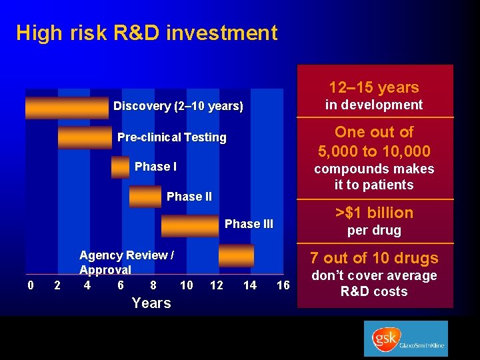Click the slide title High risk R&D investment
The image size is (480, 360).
[147, 33]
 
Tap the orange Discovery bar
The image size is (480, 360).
[67, 107]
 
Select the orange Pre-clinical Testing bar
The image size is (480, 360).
[85, 137]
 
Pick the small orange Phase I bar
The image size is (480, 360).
[121, 167]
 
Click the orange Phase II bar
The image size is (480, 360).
[145, 197]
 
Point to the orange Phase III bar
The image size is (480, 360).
[189, 225]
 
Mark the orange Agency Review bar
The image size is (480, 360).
[236, 255]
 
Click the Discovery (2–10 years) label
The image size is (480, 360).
[178, 106]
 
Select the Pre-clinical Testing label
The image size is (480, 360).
[171, 137]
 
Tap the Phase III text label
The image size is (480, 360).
[249, 224]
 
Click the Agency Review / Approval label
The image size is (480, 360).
[127, 263]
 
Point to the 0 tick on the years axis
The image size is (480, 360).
[31, 285]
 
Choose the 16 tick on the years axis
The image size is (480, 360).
[283, 285]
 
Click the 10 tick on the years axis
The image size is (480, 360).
[187, 285]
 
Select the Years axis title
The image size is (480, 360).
[151, 303]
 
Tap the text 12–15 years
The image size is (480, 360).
[374, 87]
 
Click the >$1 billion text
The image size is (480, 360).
[374, 213]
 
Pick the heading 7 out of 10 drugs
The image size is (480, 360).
[374, 258]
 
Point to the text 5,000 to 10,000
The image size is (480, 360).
[374, 151]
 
